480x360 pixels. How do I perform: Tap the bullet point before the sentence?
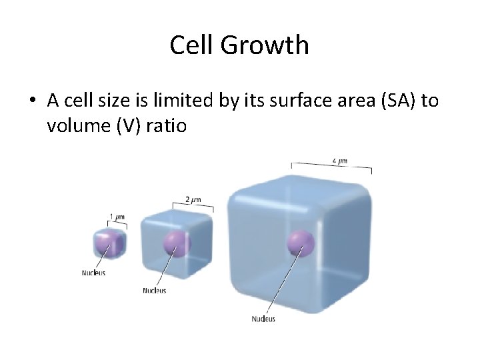pos(32,101)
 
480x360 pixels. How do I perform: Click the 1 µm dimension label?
pos(117,217)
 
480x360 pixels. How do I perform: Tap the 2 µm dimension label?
pos(193,199)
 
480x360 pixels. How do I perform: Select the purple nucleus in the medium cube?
pos(177,243)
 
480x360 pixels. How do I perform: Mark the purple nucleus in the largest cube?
pos(301,243)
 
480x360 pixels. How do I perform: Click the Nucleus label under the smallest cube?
pos(93,273)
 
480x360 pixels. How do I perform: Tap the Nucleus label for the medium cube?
pos(155,290)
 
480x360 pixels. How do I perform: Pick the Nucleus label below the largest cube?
pos(263,319)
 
